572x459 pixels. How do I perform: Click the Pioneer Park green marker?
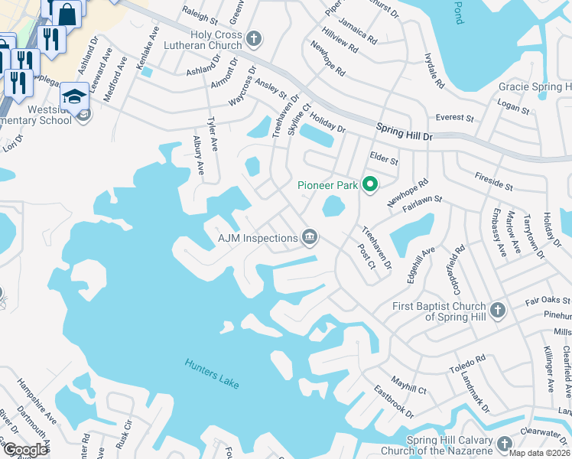tap(370, 184)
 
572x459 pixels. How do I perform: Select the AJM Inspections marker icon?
tap(310, 237)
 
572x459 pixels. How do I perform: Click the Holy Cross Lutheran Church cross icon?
tap(255, 38)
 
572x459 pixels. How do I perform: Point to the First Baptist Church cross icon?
tap(498, 311)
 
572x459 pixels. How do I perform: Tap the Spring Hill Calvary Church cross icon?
tap(504, 444)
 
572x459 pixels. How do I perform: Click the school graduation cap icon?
tap(74, 96)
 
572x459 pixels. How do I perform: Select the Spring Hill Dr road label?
tap(404, 132)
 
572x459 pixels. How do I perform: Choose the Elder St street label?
tap(384, 161)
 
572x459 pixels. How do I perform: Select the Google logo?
tap(25, 450)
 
